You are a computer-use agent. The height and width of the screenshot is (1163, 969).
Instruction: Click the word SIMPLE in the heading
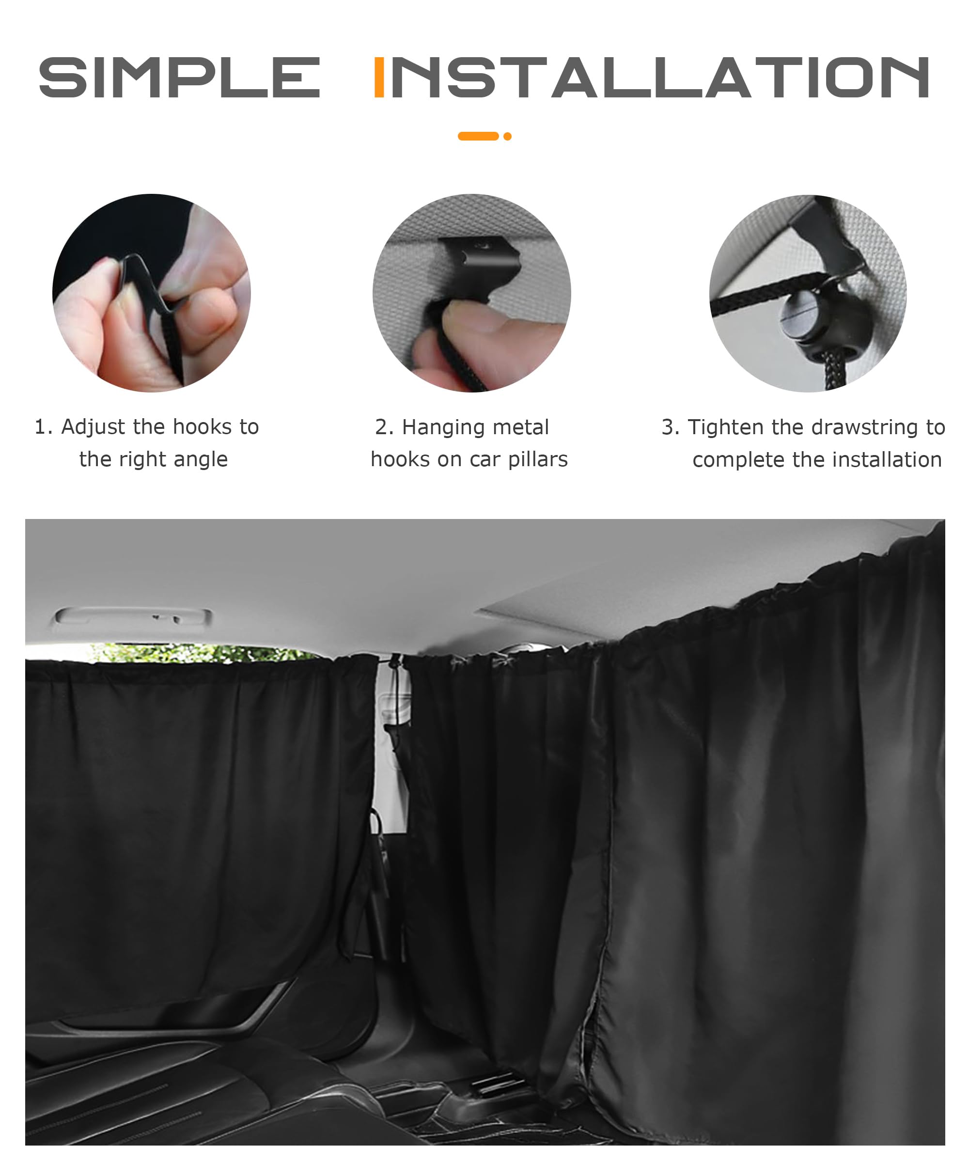click(179, 77)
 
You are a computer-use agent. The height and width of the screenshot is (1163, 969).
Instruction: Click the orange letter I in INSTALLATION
click(379, 77)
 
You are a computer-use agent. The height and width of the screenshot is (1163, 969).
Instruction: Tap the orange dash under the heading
click(478, 136)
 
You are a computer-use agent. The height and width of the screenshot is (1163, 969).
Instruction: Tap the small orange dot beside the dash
click(507, 136)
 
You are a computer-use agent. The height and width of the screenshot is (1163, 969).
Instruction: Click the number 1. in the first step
click(43, 427)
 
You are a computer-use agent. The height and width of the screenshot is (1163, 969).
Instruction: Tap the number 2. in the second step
click(384, 427)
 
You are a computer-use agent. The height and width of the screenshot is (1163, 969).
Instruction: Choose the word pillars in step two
click(538, 460)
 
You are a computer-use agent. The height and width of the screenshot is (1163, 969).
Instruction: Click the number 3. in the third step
click(671, 427)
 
